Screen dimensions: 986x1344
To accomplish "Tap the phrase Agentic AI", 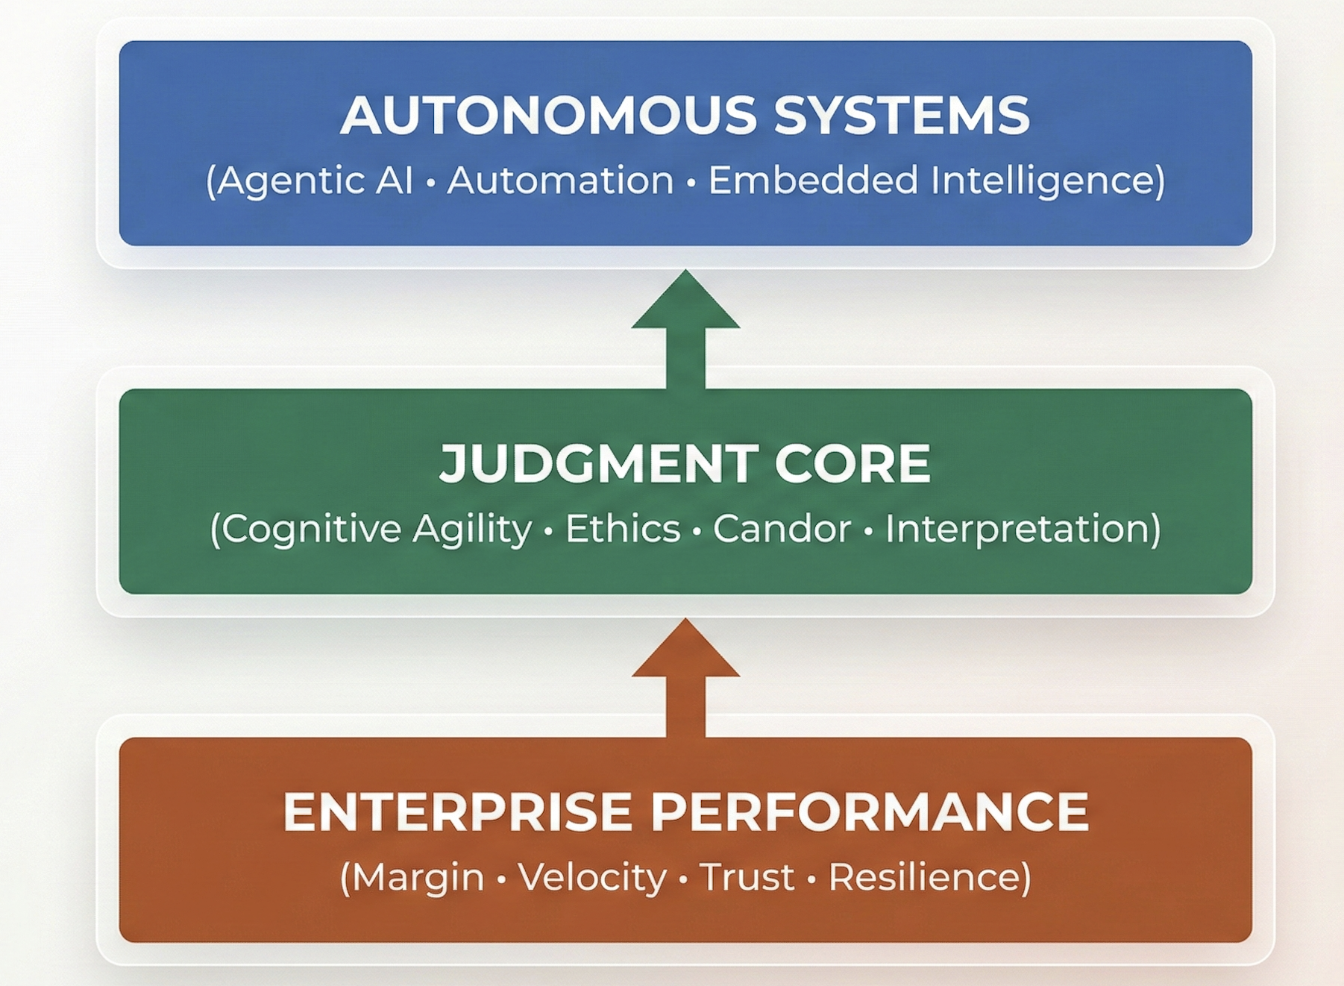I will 315,180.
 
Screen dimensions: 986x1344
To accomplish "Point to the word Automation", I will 560,180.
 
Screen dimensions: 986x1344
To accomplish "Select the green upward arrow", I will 685,328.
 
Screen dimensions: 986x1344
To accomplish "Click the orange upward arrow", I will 685,676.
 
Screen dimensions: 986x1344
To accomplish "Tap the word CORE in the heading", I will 852,463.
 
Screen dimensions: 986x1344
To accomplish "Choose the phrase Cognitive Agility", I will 377,529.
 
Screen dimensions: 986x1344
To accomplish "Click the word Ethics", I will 623,529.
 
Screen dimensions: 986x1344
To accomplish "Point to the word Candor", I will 782,529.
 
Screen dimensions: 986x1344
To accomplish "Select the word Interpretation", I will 1017,529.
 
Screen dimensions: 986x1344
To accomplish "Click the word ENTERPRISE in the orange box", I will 457,811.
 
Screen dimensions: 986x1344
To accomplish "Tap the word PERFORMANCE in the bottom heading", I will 870,811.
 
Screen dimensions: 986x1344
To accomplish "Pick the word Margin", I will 418,877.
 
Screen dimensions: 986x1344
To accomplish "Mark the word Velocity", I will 592,877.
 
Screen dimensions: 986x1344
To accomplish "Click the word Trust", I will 747,877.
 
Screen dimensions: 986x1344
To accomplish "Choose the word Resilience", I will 924,877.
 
